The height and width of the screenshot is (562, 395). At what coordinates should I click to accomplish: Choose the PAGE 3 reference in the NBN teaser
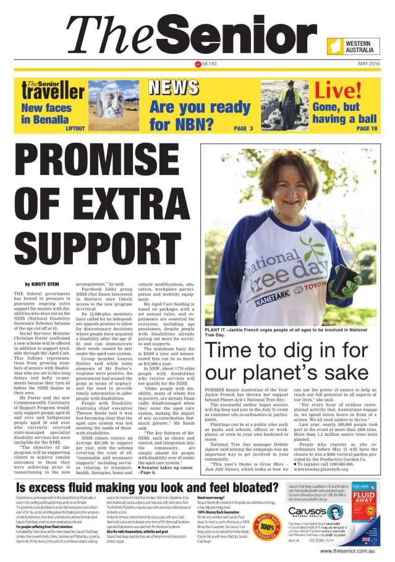pos(243,129)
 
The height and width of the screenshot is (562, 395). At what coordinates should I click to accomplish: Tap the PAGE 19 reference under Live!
pos(365,129)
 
